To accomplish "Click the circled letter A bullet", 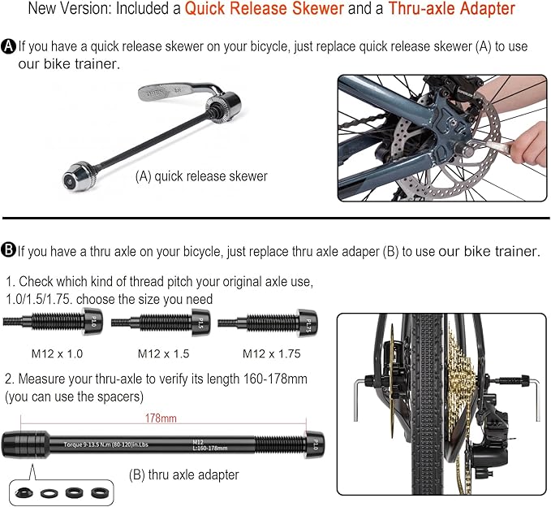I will pos(9,46).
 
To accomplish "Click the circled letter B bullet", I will pos(9,251).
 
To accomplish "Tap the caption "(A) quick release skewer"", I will pos(200,175).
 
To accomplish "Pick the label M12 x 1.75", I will pos(272,353).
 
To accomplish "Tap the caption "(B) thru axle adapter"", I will pos(183,474).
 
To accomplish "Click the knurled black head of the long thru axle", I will pos(28,444).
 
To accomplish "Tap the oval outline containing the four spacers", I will pos(58,492).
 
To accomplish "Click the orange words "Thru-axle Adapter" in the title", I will pos(451,10).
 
